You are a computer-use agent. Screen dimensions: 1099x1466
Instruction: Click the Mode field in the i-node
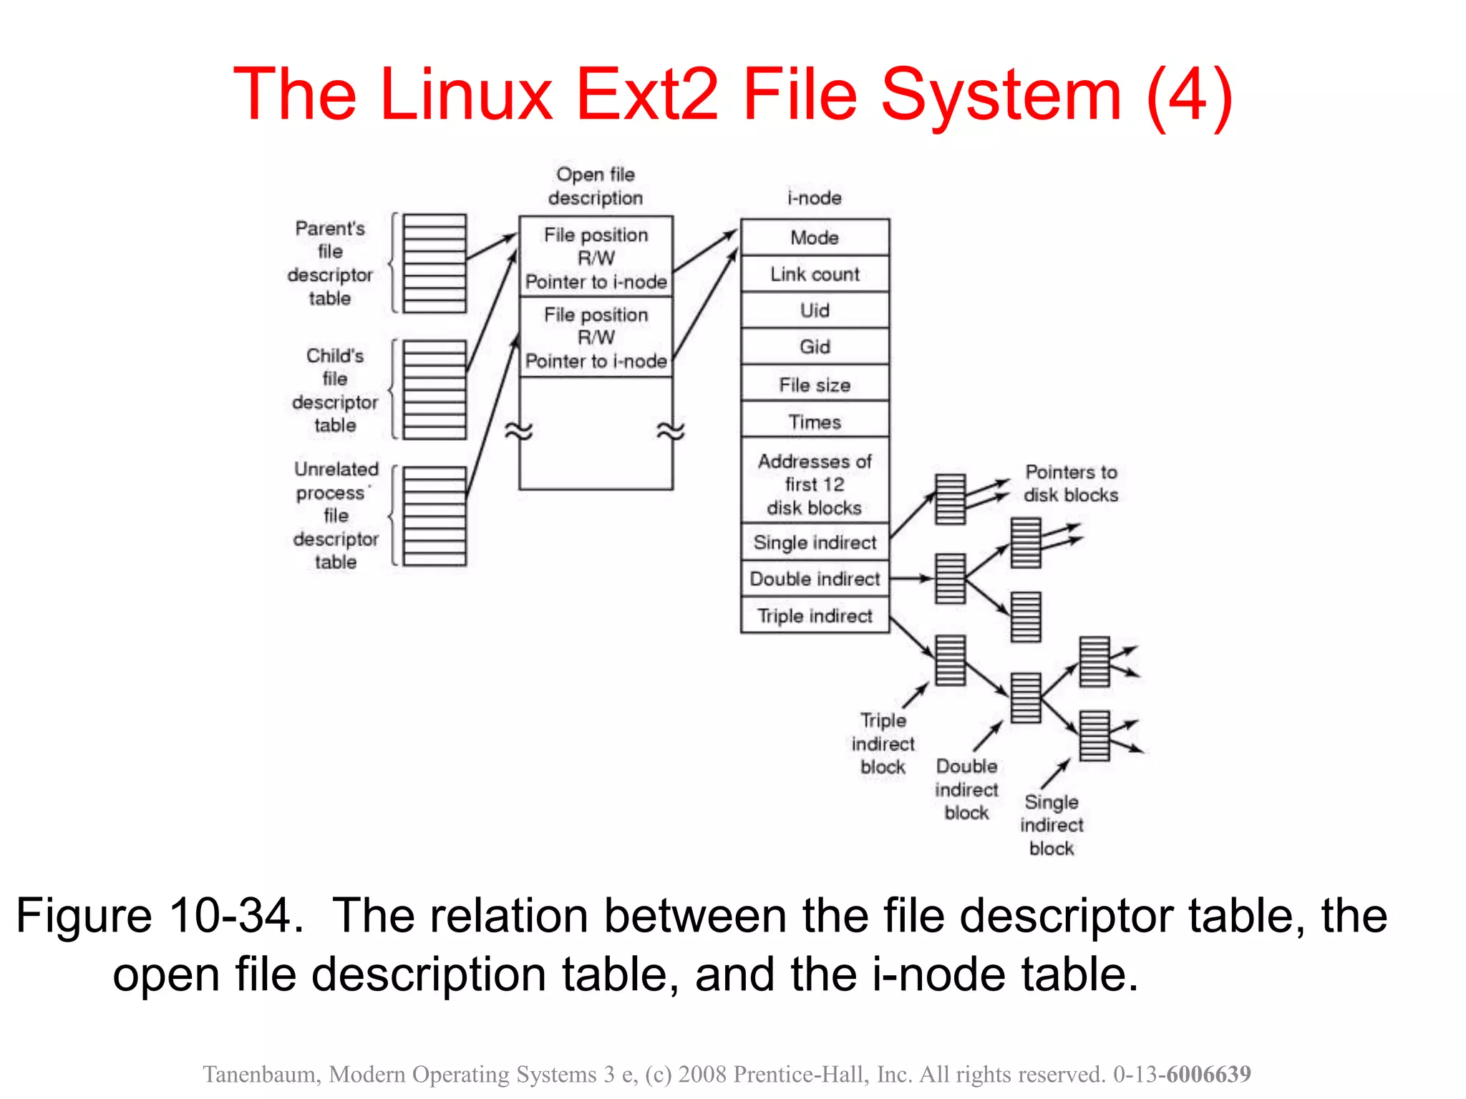click(x=815, y=238)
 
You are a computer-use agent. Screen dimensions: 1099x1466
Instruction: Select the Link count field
click(x=815, y=274)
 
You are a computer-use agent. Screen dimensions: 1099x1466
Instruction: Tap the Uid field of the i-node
click(x=815, y=311)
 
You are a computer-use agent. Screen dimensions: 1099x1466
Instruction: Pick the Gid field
click(x=815, y=347)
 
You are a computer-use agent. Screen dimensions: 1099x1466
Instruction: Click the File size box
click(x=815, y=385)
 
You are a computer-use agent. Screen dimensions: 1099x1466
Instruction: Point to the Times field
click(x=815, y=421)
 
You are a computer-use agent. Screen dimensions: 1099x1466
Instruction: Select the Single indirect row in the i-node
click(x=815, y=542)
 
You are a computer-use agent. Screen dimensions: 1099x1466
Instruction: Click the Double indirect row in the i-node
click(x=815, y=579)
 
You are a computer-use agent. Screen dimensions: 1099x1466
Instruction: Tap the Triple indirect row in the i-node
click(x=815, y=616)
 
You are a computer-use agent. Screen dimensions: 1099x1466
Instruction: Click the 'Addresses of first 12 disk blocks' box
click(x=815, y=484)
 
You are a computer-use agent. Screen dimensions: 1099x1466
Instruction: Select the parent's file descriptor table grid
click(x=435, y=263)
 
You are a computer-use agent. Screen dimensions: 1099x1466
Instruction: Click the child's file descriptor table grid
click(x=435, y=389)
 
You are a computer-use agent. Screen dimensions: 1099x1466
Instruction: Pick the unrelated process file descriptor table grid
click(x=435, y=516)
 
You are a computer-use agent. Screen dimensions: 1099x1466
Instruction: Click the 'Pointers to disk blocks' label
click(x=1071, y=484)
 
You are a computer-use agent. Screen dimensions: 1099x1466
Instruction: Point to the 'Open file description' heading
click(x=596, y=186)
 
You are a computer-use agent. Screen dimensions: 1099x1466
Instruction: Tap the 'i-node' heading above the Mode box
click(x=815, y=198)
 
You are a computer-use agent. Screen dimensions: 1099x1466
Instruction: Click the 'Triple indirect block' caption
click(x=883, y=743)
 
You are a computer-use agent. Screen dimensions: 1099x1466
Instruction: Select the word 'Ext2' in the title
click(x=647, y=95)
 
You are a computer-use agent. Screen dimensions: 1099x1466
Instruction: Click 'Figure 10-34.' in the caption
click(x=159, y=917)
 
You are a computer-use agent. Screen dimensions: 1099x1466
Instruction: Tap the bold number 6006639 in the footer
click(x=1208, y=1074)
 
